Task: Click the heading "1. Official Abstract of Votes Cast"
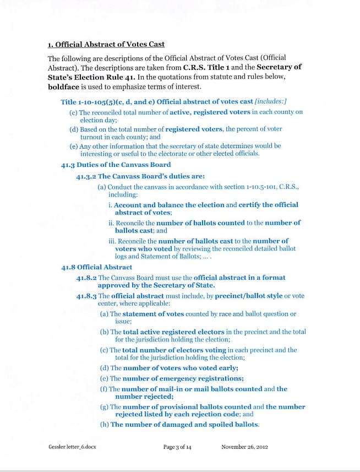[x=106, y=44]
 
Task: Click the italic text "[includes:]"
[x=271, y=102]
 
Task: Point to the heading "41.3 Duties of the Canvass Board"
[x=116, y=165]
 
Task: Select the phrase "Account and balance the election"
[x=168, y=205]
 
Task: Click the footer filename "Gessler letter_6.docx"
[x=72, y=447]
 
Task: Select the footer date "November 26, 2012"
[x=244, y=447]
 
